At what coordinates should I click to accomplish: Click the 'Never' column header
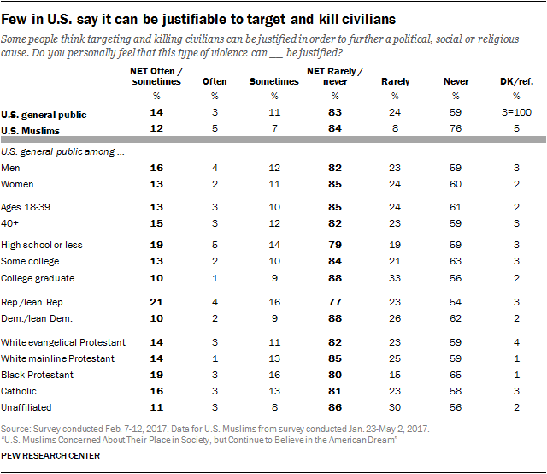[x=456, y=82]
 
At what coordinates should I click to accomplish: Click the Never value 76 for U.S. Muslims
[x=456, y=129]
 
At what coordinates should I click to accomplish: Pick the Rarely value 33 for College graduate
[x=396, y=278]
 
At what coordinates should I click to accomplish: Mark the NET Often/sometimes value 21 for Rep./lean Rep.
[x=155, y=302]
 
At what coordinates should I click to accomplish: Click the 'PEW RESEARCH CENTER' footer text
[x=51, y=456]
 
